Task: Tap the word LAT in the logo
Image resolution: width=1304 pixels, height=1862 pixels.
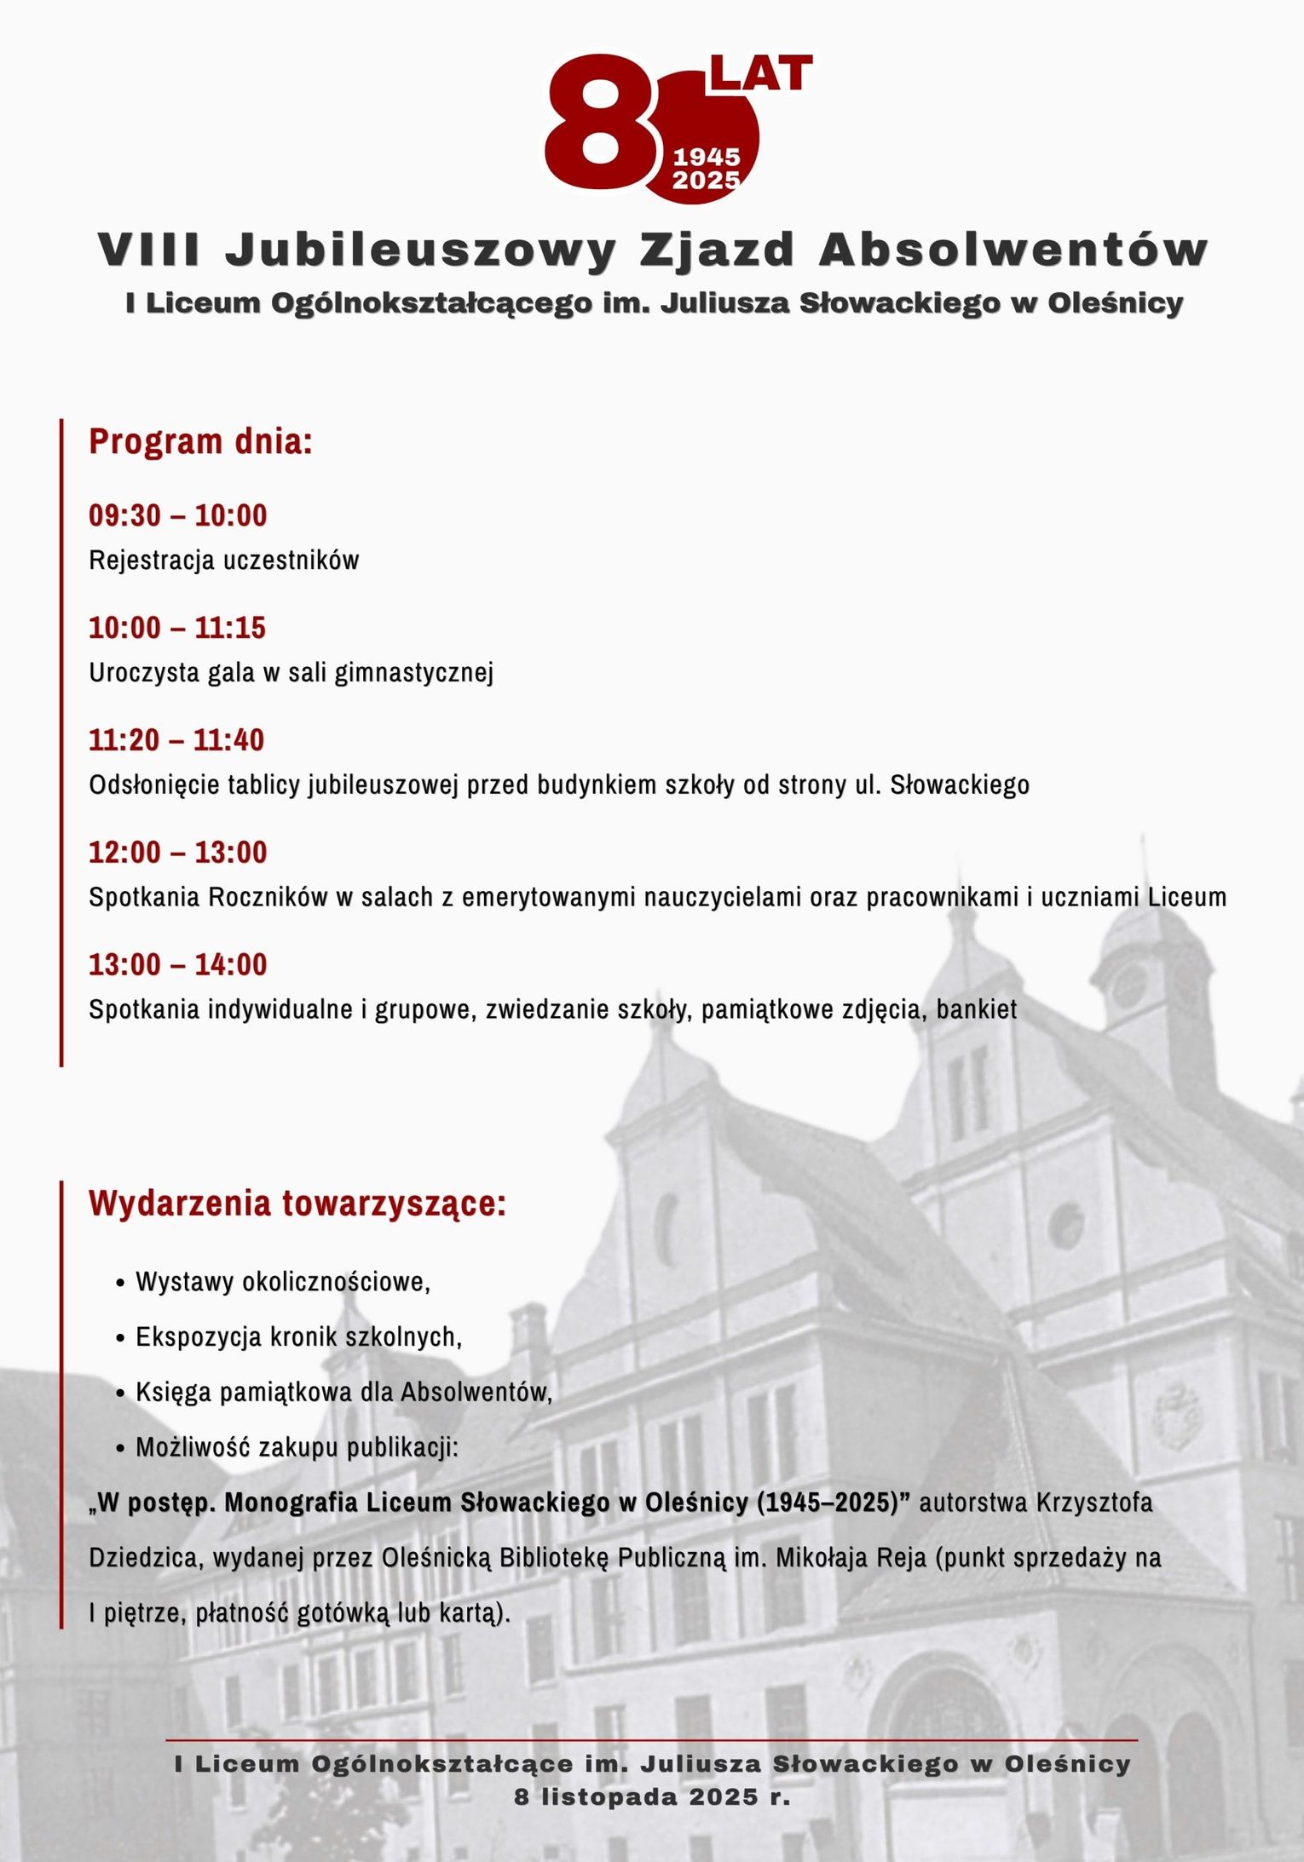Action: click(760, 74)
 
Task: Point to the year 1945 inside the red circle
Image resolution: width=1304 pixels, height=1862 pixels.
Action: click(707, 157)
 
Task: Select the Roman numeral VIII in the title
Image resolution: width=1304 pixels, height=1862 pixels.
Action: click(149, 250)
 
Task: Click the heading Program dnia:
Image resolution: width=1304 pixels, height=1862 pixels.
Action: click(200, 442)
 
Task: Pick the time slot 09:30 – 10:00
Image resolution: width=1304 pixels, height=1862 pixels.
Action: click(178, 515)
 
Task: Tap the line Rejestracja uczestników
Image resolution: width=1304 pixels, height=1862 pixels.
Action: click(224, 560)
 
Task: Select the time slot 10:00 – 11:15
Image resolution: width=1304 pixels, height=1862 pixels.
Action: click(177, 628)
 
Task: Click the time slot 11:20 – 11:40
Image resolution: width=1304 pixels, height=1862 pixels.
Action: click(176, 740)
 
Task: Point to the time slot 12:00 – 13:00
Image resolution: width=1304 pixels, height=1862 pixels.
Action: click(178, 853)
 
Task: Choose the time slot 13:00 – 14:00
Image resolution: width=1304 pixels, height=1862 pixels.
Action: click(178, 965)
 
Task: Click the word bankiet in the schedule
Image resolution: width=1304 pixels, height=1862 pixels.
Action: click(977, 1009)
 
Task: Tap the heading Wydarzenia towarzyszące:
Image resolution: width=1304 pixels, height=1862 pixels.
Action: click(297, 1204)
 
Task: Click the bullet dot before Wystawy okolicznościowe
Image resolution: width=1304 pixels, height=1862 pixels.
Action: click(120, 1283)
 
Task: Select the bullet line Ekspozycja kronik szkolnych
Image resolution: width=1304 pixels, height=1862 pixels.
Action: click(298, 1337)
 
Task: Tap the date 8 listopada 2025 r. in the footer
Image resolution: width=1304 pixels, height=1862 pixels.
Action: click(652, 1797)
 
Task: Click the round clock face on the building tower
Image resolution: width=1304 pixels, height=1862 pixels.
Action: click(1129, 986)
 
